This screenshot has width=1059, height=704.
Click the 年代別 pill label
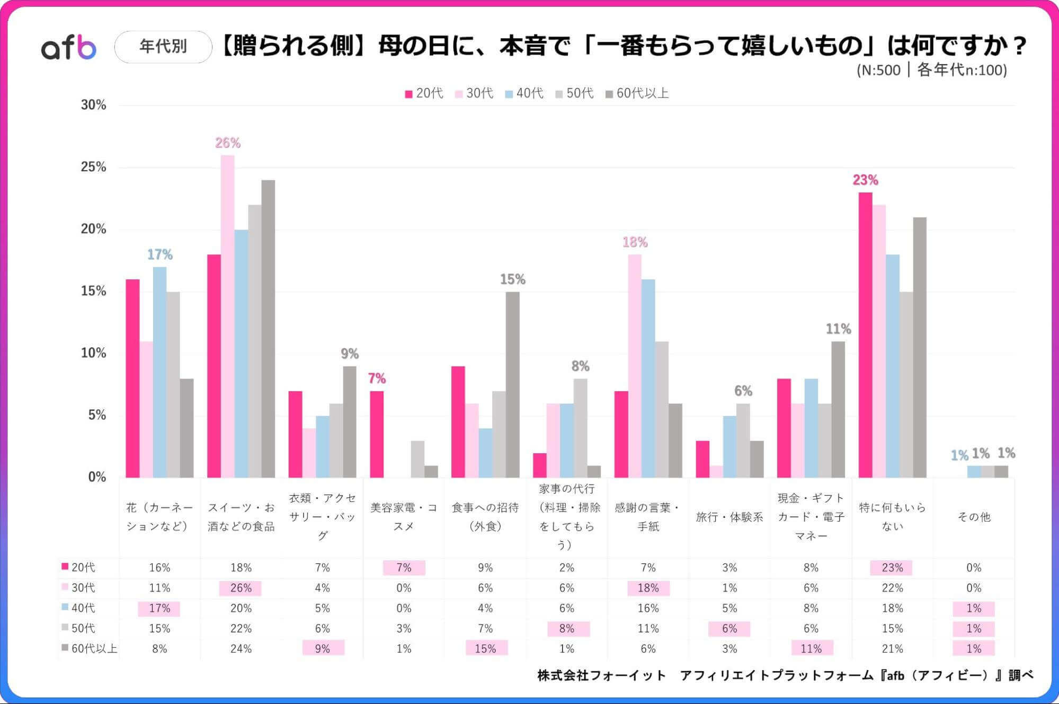point(163,47)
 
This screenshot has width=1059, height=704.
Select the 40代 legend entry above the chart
point(524,93)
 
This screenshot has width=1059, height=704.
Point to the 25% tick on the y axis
point(93,167)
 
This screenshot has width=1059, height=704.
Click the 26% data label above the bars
point(228,143)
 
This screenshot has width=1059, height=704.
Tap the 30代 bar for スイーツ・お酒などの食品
point(228,318)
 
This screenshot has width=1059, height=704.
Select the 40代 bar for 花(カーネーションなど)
point(159,371)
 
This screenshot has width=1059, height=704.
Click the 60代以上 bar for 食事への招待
point(512,384)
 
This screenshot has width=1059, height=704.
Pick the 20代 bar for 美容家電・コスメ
point(377,435)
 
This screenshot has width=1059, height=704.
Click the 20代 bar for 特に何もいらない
point(865,334)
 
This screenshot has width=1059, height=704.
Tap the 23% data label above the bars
point(865,180)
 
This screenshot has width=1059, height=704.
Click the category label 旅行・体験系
point(729,517)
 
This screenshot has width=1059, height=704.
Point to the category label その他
point(974,517)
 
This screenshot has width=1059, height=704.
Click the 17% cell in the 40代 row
point(159,608)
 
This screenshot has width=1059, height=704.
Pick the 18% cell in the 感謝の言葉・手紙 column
point(648,588)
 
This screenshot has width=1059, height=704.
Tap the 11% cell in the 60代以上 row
point(811,648)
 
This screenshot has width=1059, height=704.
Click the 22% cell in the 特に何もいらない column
point(892,588)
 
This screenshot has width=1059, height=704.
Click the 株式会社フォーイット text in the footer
point(601,675)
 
